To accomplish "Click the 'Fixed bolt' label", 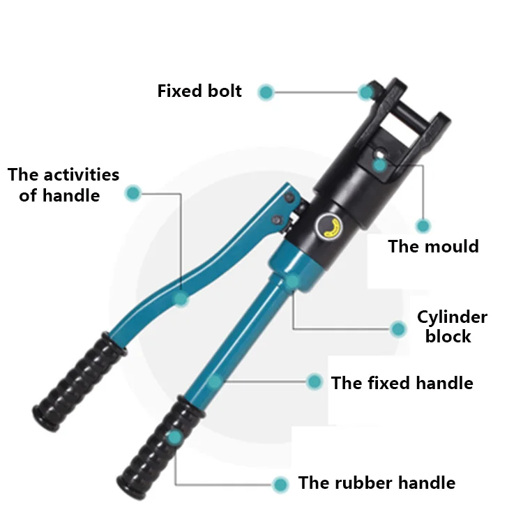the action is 199,91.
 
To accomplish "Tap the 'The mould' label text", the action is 433,246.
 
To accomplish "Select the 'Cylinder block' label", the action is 452,326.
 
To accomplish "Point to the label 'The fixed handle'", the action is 402,383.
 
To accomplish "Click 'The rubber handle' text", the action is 377,483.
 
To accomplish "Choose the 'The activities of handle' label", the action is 63,185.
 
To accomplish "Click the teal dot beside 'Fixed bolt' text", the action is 265,92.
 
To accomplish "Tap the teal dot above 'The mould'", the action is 423,225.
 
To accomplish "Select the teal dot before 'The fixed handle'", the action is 314,381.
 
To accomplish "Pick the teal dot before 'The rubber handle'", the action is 280,484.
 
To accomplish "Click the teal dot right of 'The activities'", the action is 132,194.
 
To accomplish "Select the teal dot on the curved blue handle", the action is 181,298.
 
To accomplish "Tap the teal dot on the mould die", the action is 379,165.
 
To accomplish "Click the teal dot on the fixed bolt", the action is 366,91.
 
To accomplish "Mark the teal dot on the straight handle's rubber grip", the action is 174,437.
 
